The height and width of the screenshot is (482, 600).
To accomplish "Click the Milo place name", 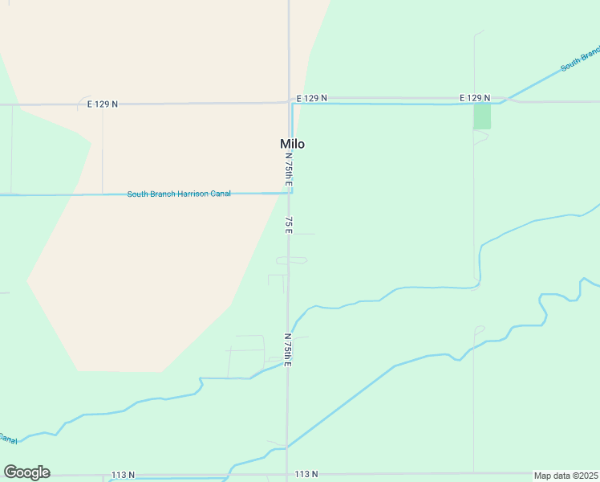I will coord(292,144).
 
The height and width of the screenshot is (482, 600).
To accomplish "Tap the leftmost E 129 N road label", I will coord(102,104).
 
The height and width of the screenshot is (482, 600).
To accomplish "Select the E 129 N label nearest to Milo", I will coord(311,98).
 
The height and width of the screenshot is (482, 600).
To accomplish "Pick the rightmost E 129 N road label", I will coord(475,98).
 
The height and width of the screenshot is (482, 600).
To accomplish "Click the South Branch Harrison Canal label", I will coord(179,194).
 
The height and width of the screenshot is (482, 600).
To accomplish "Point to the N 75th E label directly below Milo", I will coord(289,174).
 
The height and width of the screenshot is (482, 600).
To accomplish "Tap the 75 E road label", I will coord(288,224).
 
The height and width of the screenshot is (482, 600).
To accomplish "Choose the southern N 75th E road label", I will coord(287,350).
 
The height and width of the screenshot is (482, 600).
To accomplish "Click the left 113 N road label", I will coord(123,475).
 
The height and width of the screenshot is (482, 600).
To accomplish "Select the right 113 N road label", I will coord(306,475).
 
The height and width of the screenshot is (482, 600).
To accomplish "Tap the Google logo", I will coord(26,472).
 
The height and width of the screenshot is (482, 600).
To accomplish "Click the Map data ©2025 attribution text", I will coord(566,476).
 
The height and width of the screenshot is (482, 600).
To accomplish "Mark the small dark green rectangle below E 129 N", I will coord(482,116).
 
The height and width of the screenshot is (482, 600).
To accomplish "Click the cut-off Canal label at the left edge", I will coord(7,439).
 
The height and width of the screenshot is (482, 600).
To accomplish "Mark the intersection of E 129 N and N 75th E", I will coord(290,102).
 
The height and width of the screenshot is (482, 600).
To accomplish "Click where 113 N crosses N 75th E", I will coord(286,475).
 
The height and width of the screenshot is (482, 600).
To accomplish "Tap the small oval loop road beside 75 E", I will coord(292,260).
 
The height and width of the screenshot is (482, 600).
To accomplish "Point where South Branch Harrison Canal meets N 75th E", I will coord(289,193).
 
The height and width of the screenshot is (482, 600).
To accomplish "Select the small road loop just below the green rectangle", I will coord(480,138).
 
